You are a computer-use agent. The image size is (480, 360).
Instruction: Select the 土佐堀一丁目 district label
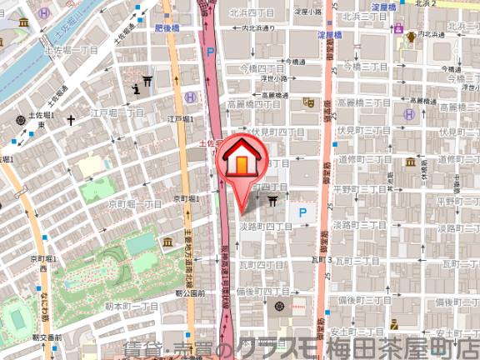tap(72, 51)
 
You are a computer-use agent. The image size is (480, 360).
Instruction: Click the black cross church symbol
tap(71, 121)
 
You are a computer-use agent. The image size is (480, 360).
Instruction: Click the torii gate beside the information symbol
tap(147, 80)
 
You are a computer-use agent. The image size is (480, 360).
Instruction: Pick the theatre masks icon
tap(308, 102)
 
